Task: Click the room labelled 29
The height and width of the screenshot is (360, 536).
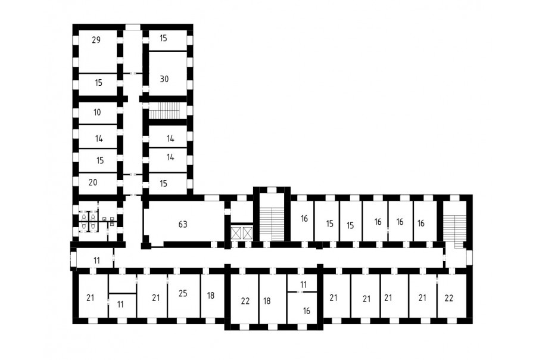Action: coord(98,51)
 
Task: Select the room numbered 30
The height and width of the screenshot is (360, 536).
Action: coord(167,73)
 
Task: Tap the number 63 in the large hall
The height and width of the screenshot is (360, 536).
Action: coord(183,225)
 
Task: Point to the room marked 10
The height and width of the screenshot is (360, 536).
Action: coord(98,113)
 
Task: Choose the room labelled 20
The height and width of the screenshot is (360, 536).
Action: coord(98,184)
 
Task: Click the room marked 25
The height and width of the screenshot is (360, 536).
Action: coord(183,296)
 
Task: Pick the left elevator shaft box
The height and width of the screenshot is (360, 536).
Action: coord(236,234)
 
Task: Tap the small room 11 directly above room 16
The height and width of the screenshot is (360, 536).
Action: coord(303,283)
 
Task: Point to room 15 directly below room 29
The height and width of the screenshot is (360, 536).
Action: coord(98,85)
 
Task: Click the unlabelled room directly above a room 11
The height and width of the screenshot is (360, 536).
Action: coord(122,284)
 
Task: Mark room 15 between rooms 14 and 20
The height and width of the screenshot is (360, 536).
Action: coord(98,161)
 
